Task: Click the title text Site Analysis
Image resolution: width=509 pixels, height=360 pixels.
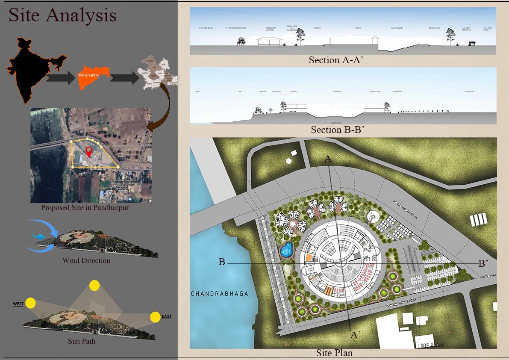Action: [x=62, y=15]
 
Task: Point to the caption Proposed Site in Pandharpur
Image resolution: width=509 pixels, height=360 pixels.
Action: [x=85, y=208]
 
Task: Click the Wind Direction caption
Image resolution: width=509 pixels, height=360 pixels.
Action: [x=86, y=260]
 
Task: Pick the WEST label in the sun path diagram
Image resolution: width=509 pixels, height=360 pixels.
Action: [x=18, y=304]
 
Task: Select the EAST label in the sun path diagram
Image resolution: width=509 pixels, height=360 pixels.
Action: [x=166, y=317]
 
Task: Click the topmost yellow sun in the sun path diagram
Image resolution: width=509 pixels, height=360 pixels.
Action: [x=94, y=286]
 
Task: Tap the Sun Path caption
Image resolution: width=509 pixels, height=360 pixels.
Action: [x=82, y=341]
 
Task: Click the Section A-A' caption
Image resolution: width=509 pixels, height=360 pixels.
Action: [x=335, y=60]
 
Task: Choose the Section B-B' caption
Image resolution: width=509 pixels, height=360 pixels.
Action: [x=337, y=130]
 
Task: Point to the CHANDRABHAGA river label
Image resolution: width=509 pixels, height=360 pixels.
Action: [x=219, y=294]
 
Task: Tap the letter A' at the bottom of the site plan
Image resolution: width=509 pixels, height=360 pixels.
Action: [x=354, y=335]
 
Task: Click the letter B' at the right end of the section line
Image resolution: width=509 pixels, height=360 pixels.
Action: [x=483, y=263]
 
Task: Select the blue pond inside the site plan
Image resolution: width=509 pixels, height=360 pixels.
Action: [x=286, y=249]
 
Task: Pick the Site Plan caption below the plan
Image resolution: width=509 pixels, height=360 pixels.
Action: [x=334, y=353]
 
